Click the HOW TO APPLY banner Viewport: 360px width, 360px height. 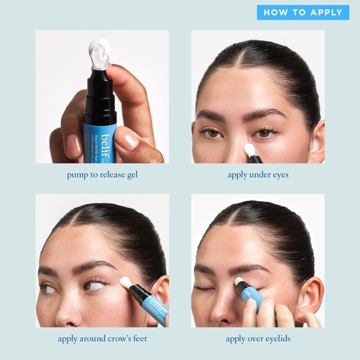[x=303, y=12]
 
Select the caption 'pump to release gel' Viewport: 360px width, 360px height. [x=102, y=175]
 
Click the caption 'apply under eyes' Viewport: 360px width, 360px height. [x=258, y=175]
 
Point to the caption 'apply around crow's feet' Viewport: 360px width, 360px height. [x=102, y=338]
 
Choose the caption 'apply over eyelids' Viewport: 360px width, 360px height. [x=258, y=338]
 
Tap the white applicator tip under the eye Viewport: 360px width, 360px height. [x=249, y=149]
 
